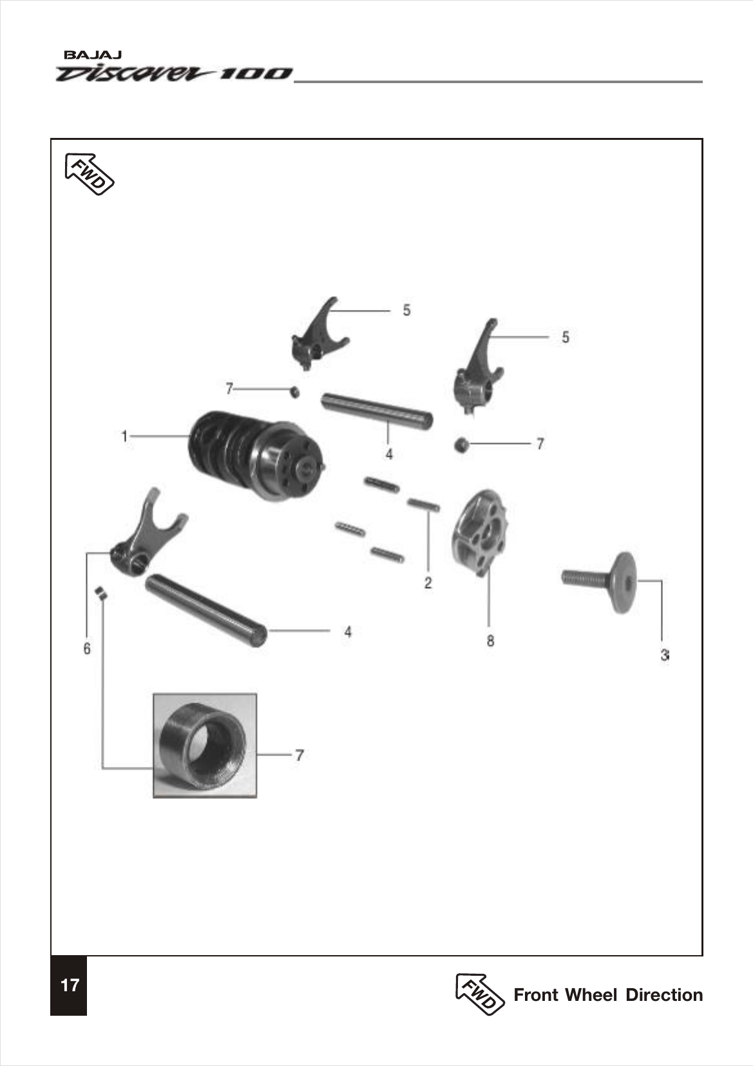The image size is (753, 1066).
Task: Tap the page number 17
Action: click(x=69, y=985)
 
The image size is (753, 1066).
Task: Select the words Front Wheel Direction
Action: click(x=607, y=994)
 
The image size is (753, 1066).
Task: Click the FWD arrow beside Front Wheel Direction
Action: click(x=479, y=993)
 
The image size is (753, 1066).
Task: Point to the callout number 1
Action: click(x=124, y=436)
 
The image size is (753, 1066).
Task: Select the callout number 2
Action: click(x=428, y=583)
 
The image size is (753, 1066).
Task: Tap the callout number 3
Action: click(x=663, y=655)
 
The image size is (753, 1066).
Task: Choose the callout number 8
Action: click(x=490, y=641)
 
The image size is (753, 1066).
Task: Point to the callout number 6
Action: click(x=87, y=648)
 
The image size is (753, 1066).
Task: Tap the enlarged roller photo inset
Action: click(x=205, y=746)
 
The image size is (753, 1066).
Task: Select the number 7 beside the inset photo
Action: click(x=300, y=755)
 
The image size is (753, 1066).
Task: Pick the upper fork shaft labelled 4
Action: click(x=377, y=409)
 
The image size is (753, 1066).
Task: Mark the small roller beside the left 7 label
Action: click(x=294, y=391)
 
